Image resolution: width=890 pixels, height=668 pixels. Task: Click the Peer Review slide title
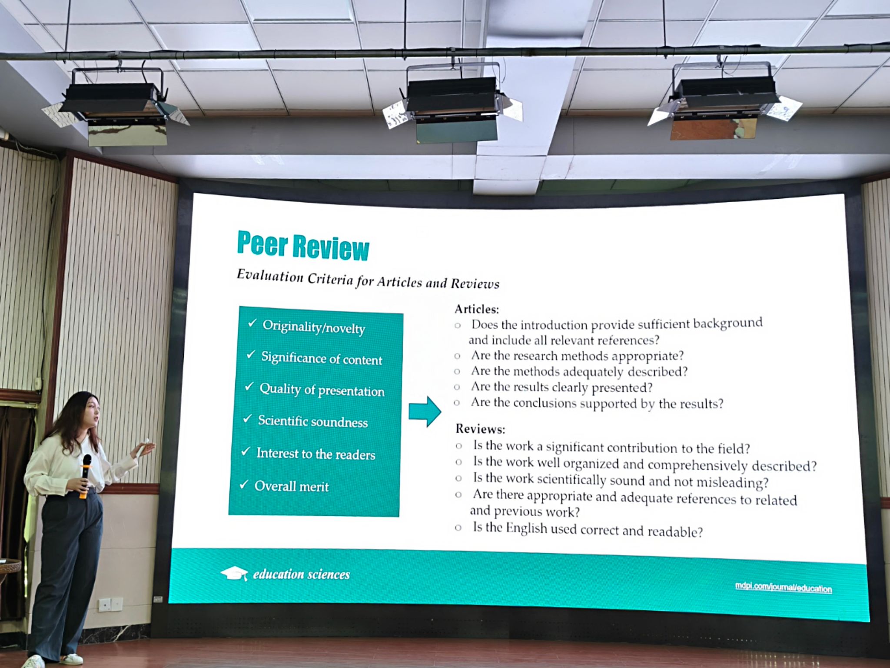click(x=303, y=246)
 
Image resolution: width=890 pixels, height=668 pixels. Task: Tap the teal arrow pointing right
click(x=425, y=411)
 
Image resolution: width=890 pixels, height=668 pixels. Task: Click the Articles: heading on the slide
click(x=477, y=309)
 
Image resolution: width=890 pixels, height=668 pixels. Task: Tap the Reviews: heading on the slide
click(x=480, y=429)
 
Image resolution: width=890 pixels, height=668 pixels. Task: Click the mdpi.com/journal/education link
click(x=783, y=587)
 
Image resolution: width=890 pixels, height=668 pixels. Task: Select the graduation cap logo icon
click(x=234, y=574)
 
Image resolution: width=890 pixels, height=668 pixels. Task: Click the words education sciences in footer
click(x=301, y=574)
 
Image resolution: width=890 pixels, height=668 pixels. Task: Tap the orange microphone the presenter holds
click(x=85, y=475)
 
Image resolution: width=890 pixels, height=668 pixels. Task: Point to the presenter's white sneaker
click(x=33, y=661)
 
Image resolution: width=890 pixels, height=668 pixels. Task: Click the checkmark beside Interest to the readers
click(x=246, y=451)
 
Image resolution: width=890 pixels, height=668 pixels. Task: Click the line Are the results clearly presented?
click(x=561, y=387)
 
